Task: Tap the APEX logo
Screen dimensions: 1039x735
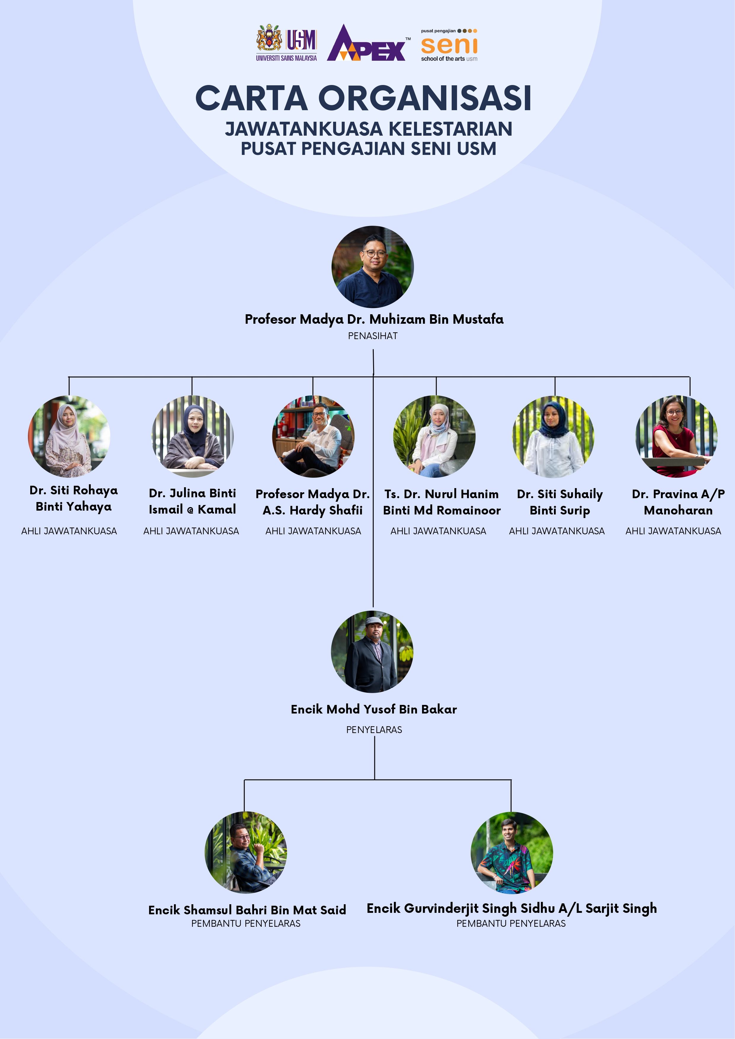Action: pos(367,44)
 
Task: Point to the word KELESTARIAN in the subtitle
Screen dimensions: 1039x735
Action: pos(450,129)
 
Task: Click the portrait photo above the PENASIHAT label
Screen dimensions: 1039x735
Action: pos(372,267)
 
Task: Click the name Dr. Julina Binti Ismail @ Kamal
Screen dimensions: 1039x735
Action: pos(192,501)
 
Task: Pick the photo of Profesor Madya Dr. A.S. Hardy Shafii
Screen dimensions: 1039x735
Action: pos(313,436)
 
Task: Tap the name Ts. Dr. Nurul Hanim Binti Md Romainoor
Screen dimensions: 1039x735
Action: pos(442,502)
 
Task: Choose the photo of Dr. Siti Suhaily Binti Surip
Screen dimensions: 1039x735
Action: pos(553,436)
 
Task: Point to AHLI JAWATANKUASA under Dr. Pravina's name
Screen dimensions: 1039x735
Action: pos(673,531)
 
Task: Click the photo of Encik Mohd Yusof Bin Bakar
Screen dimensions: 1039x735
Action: pos(372,652)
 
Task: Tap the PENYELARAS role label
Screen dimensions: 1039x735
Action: pos(374,729)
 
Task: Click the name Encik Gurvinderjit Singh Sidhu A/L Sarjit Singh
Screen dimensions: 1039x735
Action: pos(511,908)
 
